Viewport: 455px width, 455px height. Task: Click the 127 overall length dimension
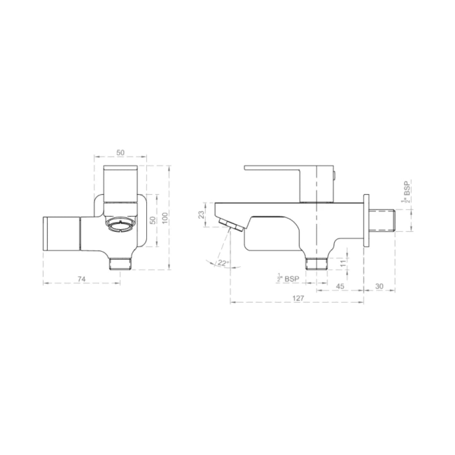point(298,298)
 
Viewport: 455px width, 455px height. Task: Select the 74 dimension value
point(82,278)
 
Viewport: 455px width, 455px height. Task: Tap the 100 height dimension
point(165,217)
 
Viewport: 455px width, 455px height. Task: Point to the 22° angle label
point(223,263)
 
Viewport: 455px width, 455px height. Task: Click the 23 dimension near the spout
point(202,215)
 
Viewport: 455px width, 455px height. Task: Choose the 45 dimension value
point(340,286)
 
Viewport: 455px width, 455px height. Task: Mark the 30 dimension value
point(379,286)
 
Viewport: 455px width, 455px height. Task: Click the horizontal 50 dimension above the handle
point(120,153)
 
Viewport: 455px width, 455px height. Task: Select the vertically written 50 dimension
point(153,220)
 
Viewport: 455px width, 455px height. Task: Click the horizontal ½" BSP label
point(289,278)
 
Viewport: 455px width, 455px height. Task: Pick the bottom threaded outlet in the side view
point(316,264)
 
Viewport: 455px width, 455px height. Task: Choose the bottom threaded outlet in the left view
point(120,264)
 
